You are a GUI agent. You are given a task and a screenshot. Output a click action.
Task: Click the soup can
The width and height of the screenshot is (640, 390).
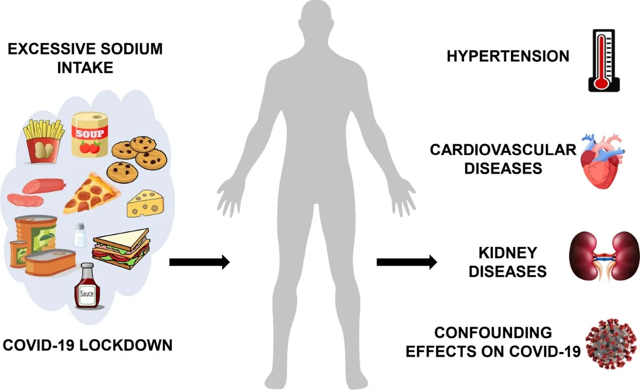coord(90,134)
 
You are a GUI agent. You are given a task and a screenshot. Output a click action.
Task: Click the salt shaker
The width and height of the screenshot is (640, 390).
coord(80,235)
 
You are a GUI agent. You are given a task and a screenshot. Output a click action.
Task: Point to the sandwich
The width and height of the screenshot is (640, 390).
coord(121,247)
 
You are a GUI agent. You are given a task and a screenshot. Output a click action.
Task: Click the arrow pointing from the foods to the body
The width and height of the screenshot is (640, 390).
coord(199,262)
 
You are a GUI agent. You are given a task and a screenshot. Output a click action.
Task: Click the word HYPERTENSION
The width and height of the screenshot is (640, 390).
coord(508,56)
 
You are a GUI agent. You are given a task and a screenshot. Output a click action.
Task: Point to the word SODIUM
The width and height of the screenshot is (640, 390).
coord(131,50)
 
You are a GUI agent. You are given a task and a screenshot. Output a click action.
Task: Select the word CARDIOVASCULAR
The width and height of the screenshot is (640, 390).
coord(502,150)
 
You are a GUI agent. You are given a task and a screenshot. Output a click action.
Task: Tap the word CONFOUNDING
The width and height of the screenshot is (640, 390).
coord(493,333)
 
